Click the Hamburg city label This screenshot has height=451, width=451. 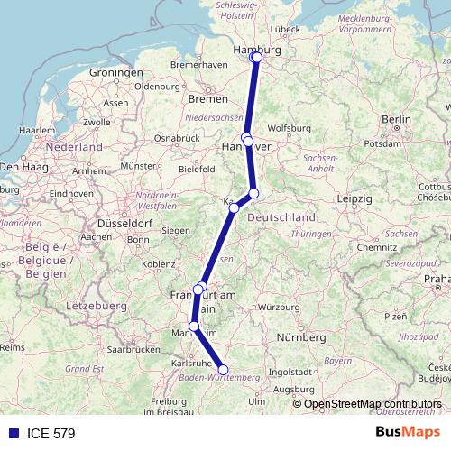(257, 51)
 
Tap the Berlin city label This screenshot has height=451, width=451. (396, 119)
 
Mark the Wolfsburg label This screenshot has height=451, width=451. (290, 128)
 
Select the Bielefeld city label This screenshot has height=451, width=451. (197, 169)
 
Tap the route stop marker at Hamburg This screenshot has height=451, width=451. (256, 58)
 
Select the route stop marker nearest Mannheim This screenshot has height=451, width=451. (194, 327)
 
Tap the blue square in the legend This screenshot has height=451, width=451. (13, 434)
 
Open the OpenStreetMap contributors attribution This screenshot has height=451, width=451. (372, 403)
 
